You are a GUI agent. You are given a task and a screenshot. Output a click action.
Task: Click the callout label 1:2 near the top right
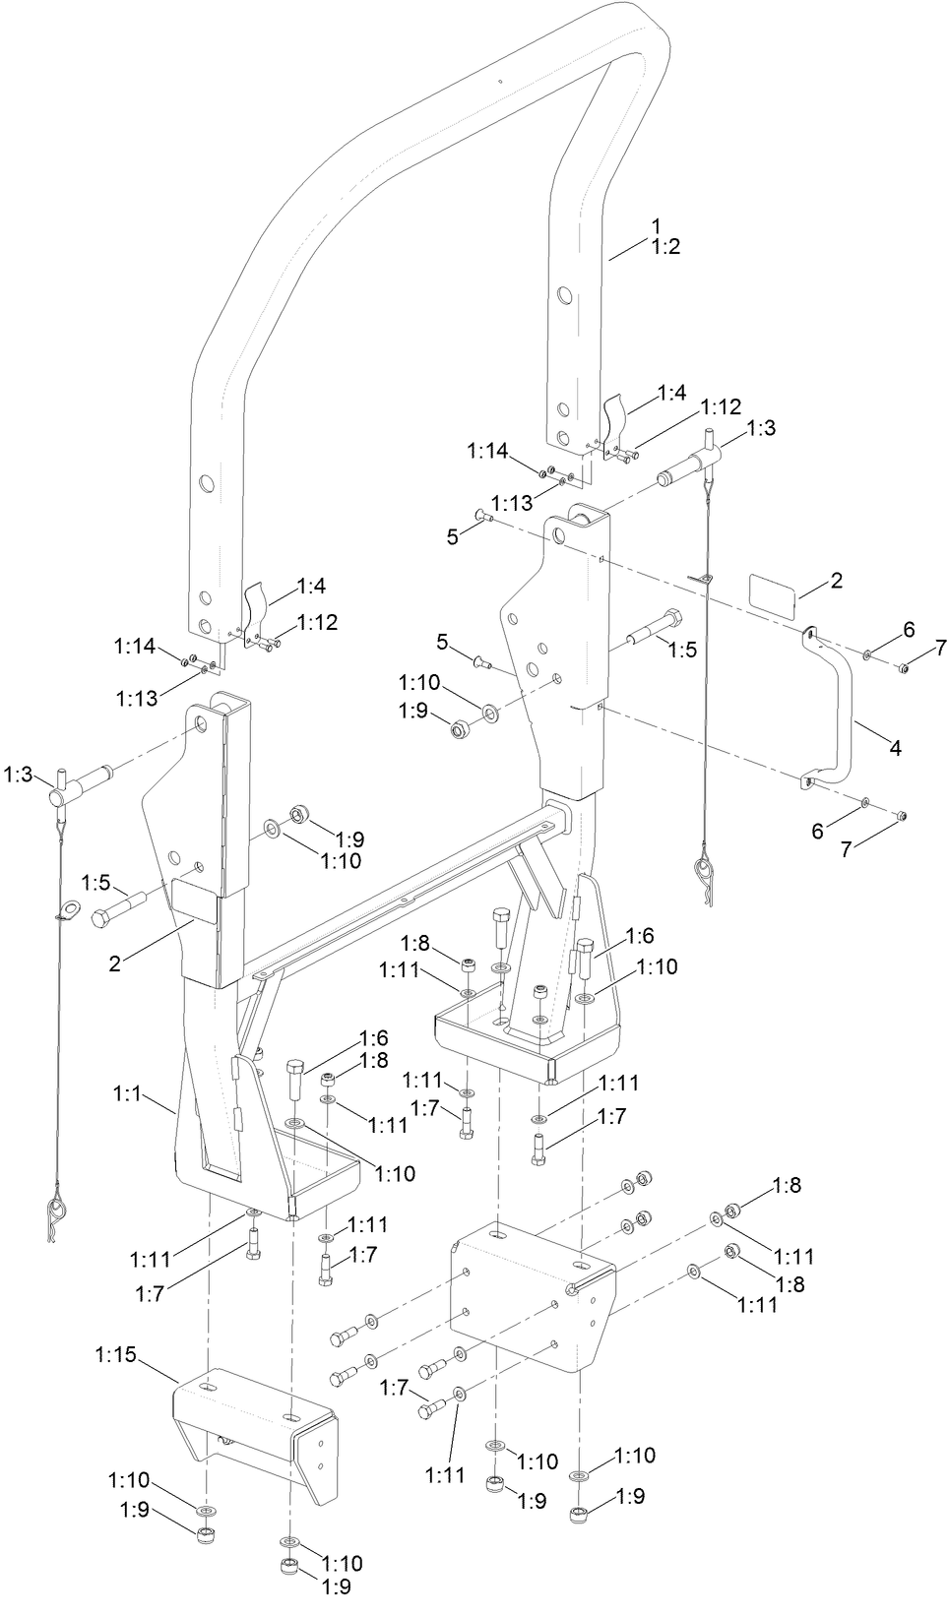coord(665,246)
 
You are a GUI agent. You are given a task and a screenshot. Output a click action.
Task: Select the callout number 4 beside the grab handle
coord(895,748)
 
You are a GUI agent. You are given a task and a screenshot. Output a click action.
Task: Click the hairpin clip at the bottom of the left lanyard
coord(56,1215)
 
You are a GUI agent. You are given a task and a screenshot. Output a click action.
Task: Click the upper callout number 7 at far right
coord(940,647)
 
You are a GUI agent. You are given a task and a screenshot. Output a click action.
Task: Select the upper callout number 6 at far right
coord(909,629)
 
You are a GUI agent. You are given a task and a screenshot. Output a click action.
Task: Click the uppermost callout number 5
coord(452,536)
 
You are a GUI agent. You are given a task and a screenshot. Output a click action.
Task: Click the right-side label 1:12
coord(721,406)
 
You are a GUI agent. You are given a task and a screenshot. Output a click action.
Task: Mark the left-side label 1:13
coord(136,698)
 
